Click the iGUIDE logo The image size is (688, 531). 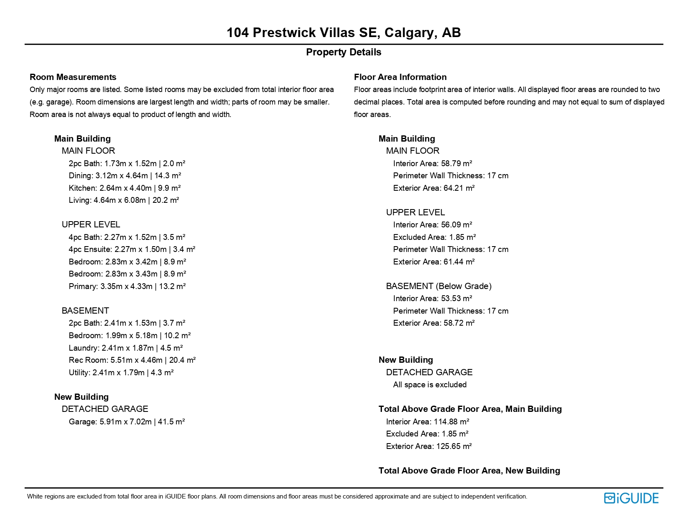[631, 498]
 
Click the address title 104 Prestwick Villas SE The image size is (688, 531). [344, 32]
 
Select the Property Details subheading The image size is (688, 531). [344, 52]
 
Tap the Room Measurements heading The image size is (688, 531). [73, 77]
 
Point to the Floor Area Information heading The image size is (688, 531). [400, 77]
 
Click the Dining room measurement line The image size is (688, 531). [125, 176]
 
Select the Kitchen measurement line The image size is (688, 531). [124, 188]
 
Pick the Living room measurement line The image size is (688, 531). [123, 200]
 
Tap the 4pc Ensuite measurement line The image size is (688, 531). [132, 249]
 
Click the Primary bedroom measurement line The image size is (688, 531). [127, 287]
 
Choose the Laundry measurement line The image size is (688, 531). [126, 348]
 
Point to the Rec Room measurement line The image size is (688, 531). [132, 360]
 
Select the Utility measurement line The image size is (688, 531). [121, 373]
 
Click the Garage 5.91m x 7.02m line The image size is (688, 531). [126, 422]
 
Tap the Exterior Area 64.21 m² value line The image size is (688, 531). [434, 188]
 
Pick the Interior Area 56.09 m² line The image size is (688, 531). [432, 225]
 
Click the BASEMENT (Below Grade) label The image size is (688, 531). [439, 286]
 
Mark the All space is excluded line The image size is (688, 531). [429, 385]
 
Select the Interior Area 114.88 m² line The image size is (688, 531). [427, 422]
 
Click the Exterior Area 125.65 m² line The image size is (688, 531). [429, 446]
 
